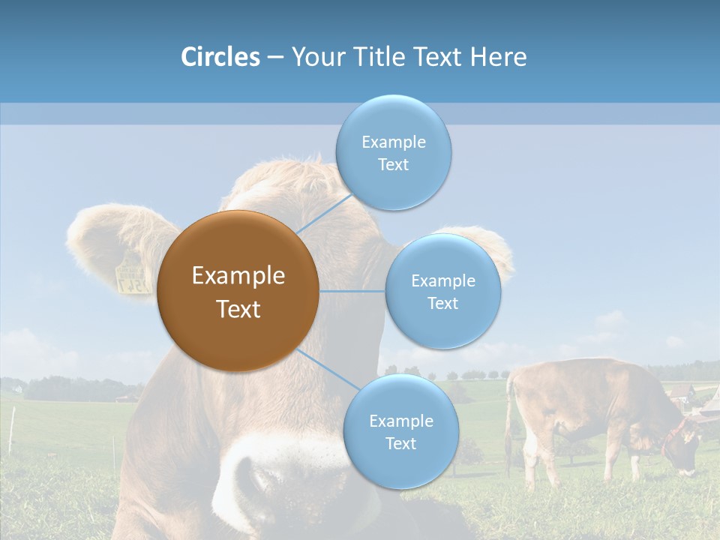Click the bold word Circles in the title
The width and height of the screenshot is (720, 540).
click(220, 57)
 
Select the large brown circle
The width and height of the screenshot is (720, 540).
click(238, 291)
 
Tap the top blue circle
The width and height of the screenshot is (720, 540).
click(393, 152)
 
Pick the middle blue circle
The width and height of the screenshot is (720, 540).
click(442, 291)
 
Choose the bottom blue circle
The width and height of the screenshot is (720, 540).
click(400, 431)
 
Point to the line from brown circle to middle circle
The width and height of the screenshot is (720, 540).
click(352, 291)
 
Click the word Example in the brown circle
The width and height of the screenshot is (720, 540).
click(238, 276)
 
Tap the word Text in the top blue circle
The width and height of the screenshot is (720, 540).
click(393, 164)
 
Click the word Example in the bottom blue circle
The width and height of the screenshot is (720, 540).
click(400, 421)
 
